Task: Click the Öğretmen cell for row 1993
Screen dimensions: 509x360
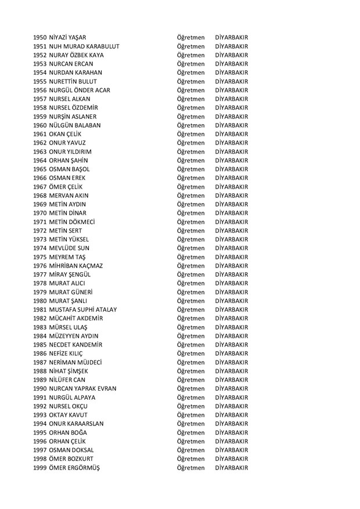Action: [x=191, y=414]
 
